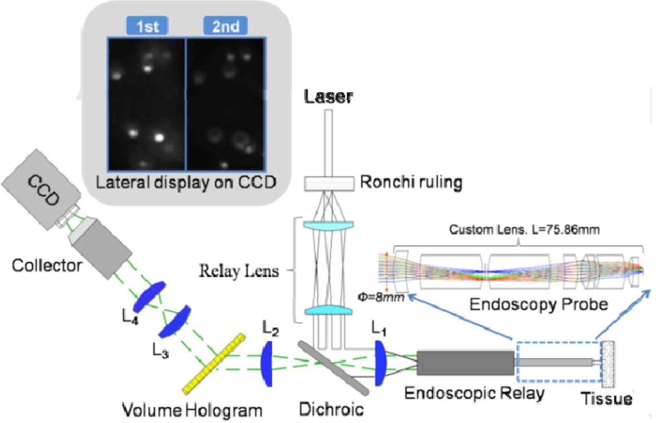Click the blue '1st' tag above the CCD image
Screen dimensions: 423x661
[147, 26]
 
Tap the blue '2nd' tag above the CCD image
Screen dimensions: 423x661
[226, 26]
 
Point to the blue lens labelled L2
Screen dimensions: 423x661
[267, 364]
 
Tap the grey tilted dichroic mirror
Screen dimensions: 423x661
[333, 367]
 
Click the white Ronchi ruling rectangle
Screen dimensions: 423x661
[329, 183]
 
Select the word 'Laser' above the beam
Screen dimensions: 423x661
[328, 96]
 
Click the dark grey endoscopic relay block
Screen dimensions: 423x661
[465, 363]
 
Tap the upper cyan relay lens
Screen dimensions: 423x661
[328, 225]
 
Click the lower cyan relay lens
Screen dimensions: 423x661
[328, 311]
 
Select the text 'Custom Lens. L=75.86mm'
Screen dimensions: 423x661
[524, 230]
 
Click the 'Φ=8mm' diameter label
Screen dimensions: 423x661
[381, 297]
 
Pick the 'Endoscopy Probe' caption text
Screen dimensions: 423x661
[538, 304]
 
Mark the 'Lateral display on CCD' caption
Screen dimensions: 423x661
[186, 183]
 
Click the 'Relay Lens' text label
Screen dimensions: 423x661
[239, 271]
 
